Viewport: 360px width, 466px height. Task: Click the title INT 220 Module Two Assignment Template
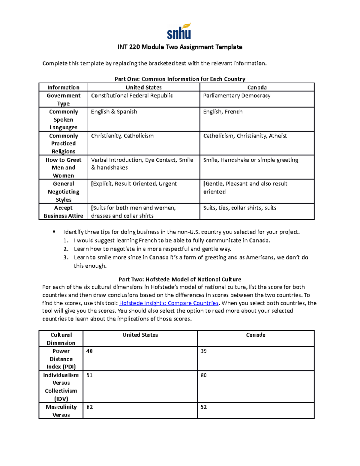(180, 47)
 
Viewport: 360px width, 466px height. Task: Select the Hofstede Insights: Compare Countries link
(169, 303)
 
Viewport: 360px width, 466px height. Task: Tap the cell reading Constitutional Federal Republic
(132, 96)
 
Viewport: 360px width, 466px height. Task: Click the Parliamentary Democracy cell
(237, 96)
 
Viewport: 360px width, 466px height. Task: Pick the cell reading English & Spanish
(114, 112)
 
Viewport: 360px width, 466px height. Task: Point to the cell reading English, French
(223, 112)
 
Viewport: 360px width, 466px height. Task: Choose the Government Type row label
(63, 99)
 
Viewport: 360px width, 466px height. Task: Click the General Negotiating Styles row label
(63, 191)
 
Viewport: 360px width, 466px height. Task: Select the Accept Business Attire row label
(63, 212)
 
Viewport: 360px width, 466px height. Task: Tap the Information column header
(63, 87)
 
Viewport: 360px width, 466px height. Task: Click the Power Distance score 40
(89, 351)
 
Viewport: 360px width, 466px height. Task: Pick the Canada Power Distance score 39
(204, 351)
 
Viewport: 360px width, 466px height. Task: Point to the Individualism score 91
(89, 375)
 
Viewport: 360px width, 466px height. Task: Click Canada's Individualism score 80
(204, 375)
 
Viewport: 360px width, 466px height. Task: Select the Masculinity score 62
(89, 407)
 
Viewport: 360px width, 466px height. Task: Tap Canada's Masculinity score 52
(204, 407)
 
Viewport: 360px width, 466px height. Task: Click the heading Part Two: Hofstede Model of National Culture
(180, 279)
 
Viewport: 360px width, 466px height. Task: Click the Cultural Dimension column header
(61, 339)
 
